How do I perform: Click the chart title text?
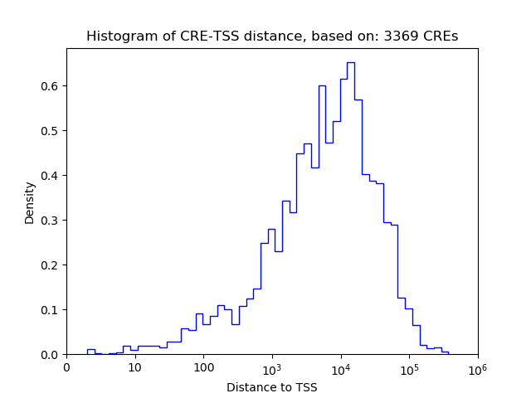[272, 36]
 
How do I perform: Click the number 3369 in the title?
[398, 36]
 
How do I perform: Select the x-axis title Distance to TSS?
[272, 387]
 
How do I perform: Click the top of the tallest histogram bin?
[351, 62]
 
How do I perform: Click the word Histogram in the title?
[116, 36]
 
